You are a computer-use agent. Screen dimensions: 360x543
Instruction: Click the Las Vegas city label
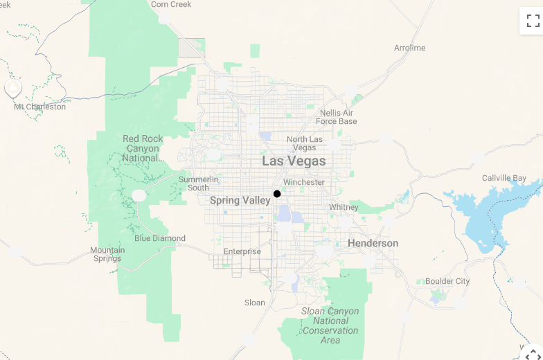pos(294,161)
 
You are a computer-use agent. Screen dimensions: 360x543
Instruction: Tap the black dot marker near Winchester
pos(277,194)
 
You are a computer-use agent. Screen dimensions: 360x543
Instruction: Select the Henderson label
pos(373,243)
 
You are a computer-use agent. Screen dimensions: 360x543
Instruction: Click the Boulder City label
pos(447,281)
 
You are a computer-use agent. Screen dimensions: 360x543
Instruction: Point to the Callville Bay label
pos(504,178)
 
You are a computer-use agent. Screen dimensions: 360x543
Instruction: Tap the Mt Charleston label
pos(40,107)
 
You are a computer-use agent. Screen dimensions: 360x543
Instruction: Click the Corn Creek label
pos(171,5)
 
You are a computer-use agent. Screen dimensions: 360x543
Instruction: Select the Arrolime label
pos(409,48)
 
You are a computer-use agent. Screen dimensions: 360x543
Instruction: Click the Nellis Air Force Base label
pos(337,117)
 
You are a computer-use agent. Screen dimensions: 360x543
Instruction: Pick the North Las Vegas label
pos(305,143)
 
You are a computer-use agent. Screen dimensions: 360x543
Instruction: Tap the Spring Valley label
pos(240,200)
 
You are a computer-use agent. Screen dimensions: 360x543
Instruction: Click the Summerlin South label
pos(198,183)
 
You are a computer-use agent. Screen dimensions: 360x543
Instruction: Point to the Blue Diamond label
pos(160,238)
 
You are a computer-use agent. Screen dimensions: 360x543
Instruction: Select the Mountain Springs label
pos(107,254)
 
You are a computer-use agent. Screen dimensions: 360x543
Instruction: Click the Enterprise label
pos(242,251)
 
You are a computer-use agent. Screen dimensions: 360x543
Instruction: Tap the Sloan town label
pos(255,303)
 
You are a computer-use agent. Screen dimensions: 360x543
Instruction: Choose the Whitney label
pos(344,207)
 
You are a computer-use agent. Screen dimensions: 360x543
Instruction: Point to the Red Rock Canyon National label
pos(143,148)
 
